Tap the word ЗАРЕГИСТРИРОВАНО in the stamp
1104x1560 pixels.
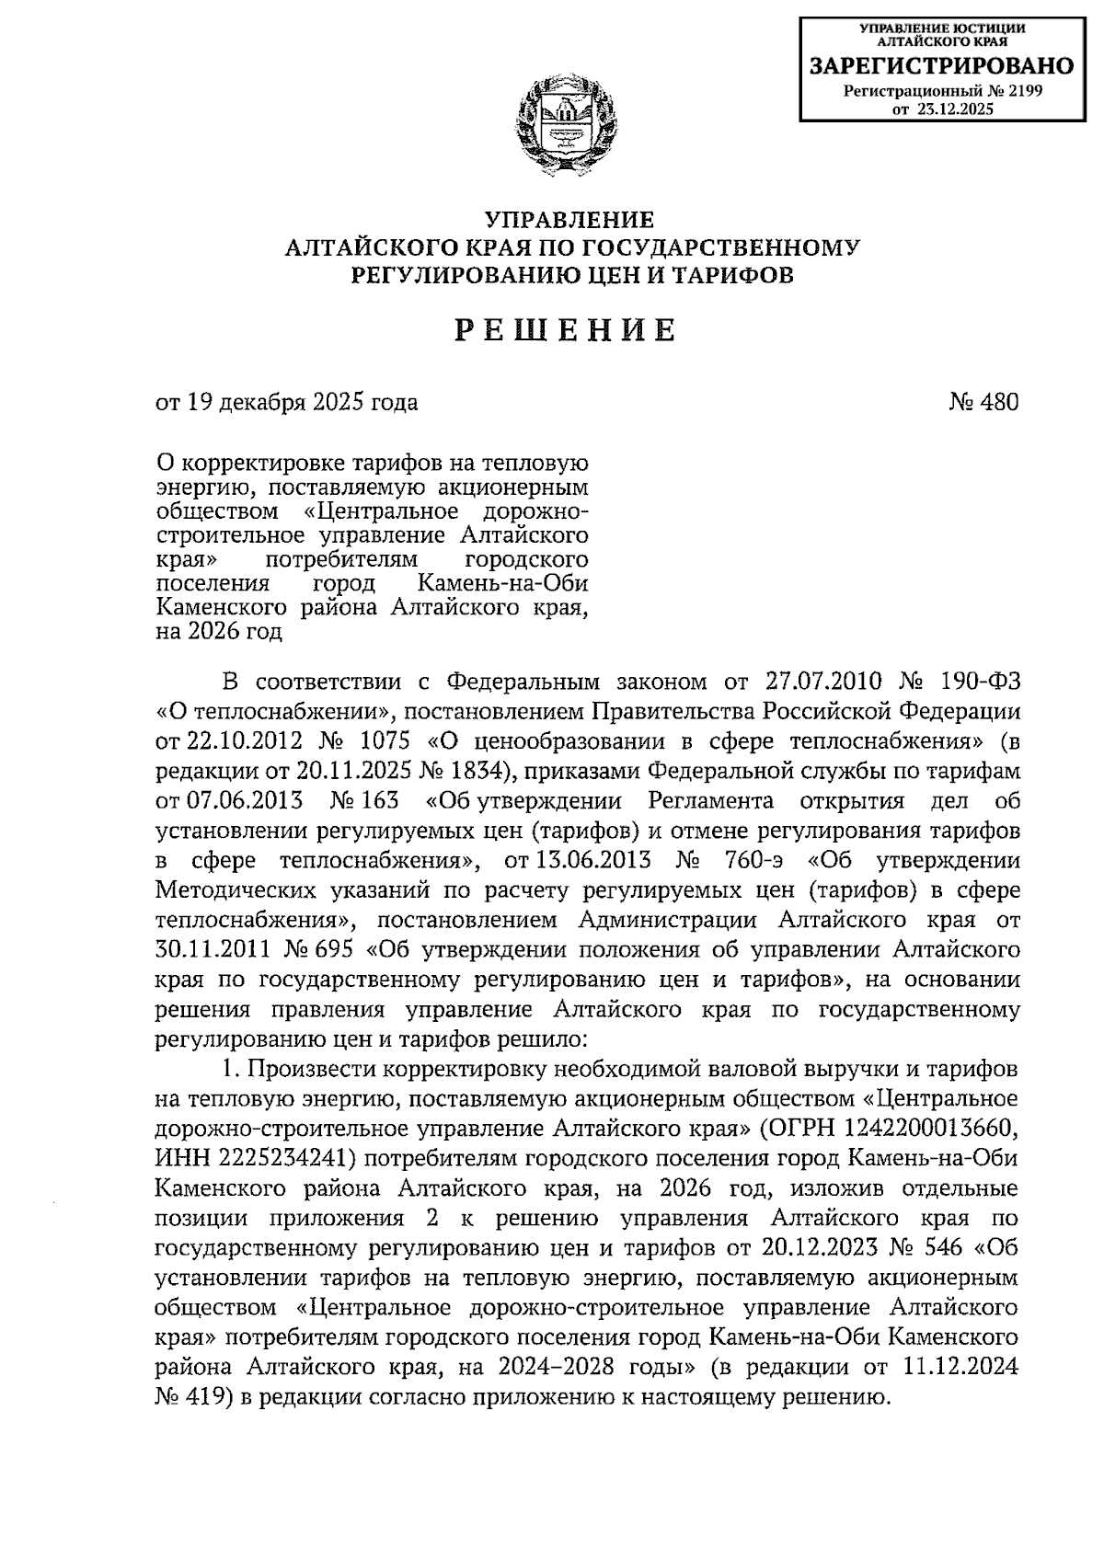[x=941, y=66]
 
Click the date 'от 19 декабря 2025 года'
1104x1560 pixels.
[x=287, y=402]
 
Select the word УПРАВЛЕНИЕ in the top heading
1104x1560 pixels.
[x=570, y=220]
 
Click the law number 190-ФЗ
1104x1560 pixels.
[x=978, y=682]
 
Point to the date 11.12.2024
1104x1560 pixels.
[x=960, y=1367]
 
